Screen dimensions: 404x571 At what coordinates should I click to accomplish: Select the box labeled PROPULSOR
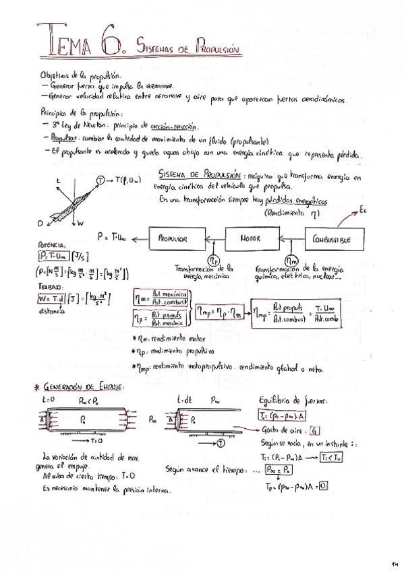(x=171, y=238)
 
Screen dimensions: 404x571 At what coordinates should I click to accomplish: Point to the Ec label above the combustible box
(x=364, y=210)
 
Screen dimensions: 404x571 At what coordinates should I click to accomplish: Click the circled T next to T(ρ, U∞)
(x=100, y=180)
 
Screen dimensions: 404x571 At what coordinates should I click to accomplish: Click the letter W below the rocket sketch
(x=81, y=223)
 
